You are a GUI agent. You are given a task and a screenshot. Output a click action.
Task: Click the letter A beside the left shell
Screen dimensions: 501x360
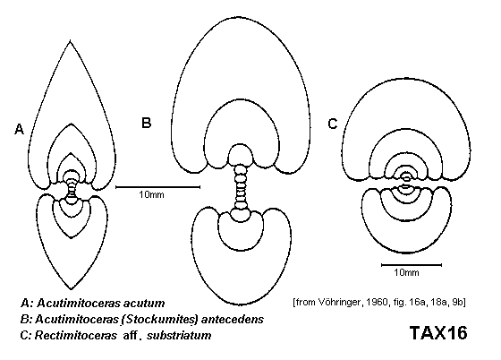[x=19, y=129]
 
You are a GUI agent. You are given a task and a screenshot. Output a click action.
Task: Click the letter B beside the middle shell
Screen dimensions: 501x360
[x=146, y=123]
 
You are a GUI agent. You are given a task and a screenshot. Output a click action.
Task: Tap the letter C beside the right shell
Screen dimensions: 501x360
[x=333, y=124]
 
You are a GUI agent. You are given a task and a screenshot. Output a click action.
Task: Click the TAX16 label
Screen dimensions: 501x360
[x=438, y=333]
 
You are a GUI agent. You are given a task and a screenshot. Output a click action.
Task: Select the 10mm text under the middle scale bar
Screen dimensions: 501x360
[x=151, y=194]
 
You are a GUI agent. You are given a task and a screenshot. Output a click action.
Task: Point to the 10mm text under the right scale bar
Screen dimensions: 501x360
[x=406, y=272]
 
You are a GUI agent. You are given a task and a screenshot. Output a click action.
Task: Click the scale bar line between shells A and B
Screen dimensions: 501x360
[x=157, y=187]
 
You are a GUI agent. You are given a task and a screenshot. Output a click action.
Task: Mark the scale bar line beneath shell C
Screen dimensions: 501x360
[x=412, y=265]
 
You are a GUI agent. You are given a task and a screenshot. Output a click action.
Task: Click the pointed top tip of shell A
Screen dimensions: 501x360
[x=71, y=41]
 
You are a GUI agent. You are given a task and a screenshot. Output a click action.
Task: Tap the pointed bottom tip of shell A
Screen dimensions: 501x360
[x=71, y=288]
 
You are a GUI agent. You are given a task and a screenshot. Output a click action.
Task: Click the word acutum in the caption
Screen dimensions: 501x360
[x=144, y=303]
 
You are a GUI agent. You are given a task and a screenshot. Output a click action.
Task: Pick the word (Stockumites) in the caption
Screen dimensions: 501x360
[x=159, y=320]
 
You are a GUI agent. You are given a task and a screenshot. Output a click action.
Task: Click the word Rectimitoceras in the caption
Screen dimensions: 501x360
[x=76, y=336]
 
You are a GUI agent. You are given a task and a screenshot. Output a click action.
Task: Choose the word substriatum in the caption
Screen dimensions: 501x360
[x=179, y=336]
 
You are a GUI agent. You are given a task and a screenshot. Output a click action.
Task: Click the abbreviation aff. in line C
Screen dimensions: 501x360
[x=132, y=336]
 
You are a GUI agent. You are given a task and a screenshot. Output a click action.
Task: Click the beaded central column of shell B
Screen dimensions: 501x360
[x=241, y=186]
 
